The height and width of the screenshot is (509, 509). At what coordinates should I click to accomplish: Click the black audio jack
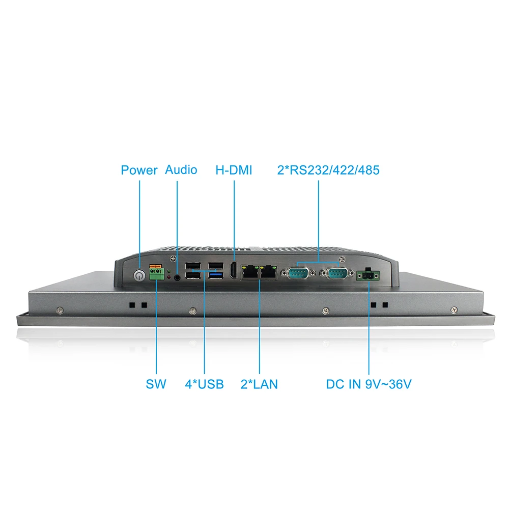178,277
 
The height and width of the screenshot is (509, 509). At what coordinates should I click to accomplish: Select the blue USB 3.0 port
215,275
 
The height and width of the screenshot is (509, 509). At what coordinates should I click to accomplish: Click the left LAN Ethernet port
250,273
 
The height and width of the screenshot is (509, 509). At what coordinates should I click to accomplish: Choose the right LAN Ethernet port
268,273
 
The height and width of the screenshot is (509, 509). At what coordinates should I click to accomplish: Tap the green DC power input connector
367,275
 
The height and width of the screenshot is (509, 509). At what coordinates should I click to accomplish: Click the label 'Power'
139,170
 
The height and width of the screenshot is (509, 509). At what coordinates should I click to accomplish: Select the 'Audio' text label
181,169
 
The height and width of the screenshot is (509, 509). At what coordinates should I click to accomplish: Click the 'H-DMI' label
234,170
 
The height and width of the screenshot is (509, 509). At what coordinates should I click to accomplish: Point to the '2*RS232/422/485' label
328,170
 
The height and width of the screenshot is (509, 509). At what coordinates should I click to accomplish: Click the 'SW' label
156,384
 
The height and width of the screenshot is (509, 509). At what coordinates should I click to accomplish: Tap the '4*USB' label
204,384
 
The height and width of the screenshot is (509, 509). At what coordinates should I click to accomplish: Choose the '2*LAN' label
259,384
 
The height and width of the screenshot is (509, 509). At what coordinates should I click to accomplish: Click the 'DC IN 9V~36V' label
369,384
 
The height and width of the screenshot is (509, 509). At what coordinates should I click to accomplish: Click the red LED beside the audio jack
169,277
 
